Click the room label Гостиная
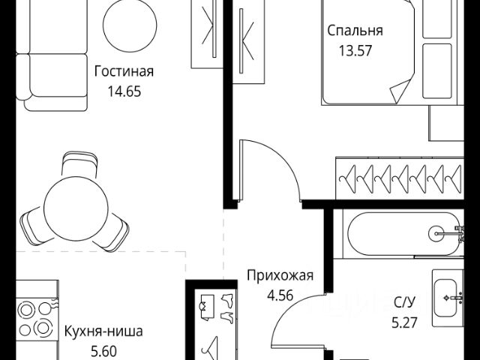[124, 72]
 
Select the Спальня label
[355, 31]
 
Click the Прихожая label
[279, 275]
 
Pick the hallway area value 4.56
[279, 295]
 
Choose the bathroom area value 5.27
[406, 325]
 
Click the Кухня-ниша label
[103, 330]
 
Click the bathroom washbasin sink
[451, 297]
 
